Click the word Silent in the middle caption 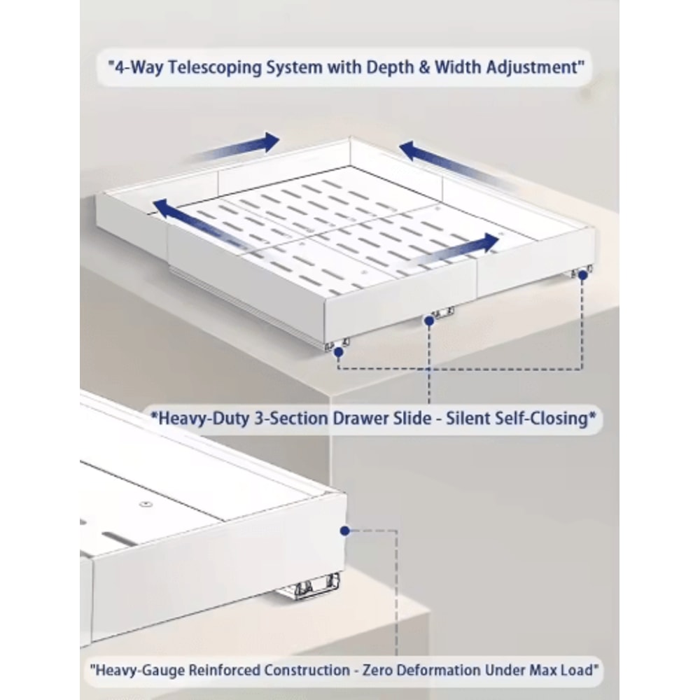pos(464,419)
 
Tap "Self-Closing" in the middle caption pos(542,419)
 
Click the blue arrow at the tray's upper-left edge pos(237,147)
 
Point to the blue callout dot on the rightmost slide pos(582,276)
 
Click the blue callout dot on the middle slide pos(429,321)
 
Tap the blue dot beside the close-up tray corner pos(344,531)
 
